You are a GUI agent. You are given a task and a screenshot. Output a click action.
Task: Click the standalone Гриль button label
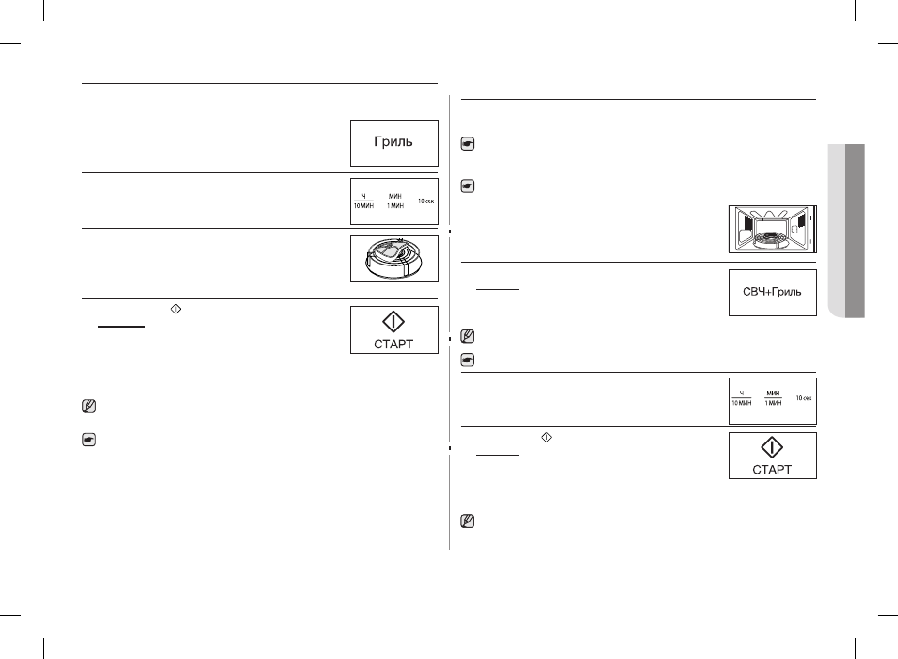(x=393, y=141)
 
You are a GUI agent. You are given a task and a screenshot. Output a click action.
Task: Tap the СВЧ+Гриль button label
(x=772, y=292)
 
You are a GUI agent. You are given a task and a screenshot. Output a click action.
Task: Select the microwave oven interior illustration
(x=773, y=229)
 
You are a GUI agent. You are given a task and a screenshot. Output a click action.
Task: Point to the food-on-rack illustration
(x=394, y=259)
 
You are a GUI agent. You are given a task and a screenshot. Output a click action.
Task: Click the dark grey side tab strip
(x=855, y=231)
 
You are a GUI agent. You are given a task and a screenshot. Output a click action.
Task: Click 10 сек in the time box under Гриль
(x=425, y=201)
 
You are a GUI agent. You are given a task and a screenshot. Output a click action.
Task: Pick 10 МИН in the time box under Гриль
(x=363, y=205)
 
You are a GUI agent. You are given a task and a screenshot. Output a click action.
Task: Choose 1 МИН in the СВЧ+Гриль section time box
(x=773, y=403)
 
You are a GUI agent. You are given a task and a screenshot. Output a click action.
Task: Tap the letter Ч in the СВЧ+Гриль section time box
(x=742, y=394)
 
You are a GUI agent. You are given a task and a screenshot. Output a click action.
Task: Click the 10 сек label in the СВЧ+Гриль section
(x=804, y=398)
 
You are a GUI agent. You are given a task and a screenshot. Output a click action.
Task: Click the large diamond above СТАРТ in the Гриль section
(x=393, y=322)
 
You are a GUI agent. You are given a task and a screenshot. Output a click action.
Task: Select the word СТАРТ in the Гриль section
(x=393, y=345)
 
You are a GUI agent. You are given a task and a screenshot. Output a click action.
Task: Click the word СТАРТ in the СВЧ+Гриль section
(x=772, y=470)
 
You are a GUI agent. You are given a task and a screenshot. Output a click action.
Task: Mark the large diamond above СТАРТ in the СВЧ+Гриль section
(x=772, y=448)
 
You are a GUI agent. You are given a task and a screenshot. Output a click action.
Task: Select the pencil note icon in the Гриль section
(x=88, y=407)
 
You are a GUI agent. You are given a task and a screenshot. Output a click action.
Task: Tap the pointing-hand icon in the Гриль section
(x=88, y=440)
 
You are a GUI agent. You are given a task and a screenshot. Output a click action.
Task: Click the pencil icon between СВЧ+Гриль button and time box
(x=467, y=336)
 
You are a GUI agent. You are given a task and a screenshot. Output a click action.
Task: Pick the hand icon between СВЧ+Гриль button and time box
(x=467, y=361)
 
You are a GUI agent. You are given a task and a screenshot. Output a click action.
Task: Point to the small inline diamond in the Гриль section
(x=176, y=309)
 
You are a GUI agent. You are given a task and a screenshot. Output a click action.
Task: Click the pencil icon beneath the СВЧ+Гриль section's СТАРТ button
(x=467, y=521)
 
